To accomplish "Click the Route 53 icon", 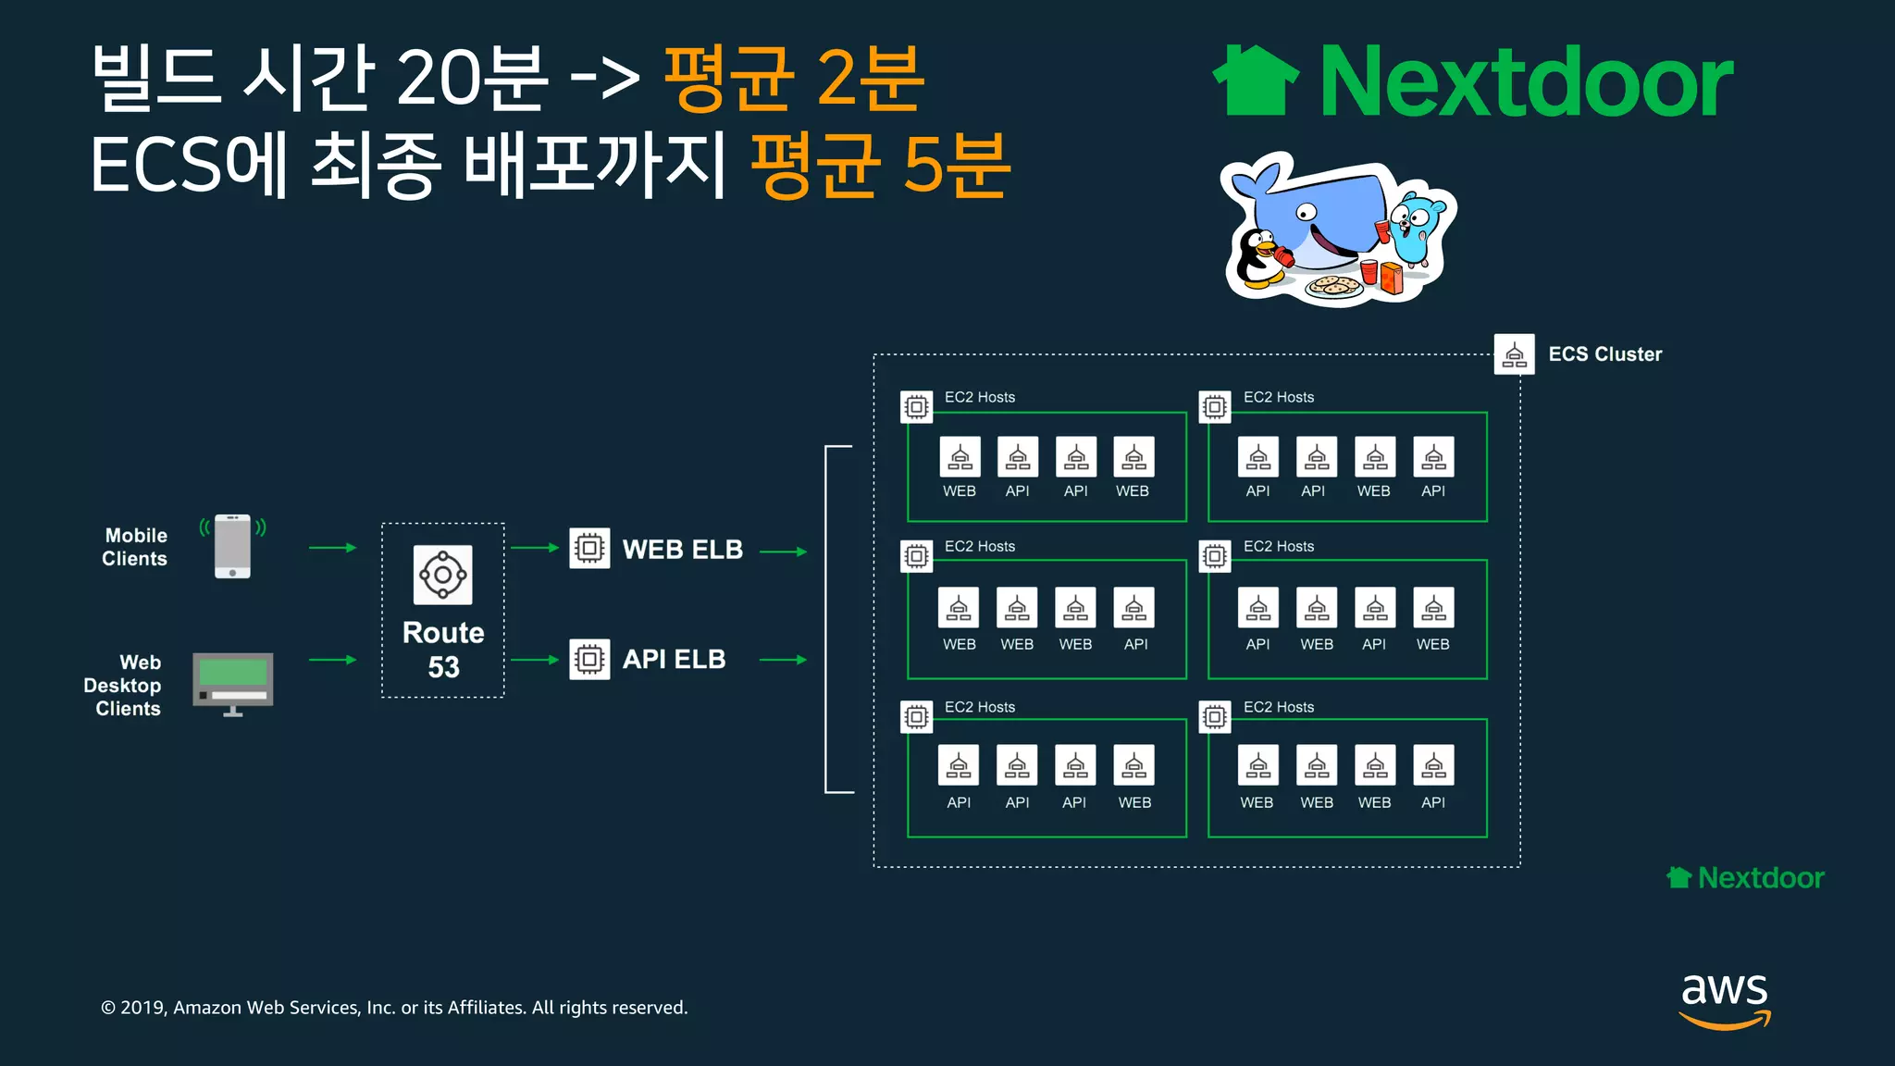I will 442,575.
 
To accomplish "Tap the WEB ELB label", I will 682,550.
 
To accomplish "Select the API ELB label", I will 674,660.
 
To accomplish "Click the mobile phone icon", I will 232,546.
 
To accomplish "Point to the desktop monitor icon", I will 232,683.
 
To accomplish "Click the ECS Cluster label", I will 1604,354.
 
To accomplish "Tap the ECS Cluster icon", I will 1514,354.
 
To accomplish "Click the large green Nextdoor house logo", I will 1256,81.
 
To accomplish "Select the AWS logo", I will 1725,999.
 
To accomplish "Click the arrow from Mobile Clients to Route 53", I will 332,548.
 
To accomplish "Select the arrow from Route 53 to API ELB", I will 535,660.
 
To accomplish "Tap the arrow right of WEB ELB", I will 783,552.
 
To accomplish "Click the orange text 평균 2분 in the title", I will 793,80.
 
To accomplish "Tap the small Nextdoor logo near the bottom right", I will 1745,877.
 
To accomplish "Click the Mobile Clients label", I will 135,547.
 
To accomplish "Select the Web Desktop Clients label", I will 123,686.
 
